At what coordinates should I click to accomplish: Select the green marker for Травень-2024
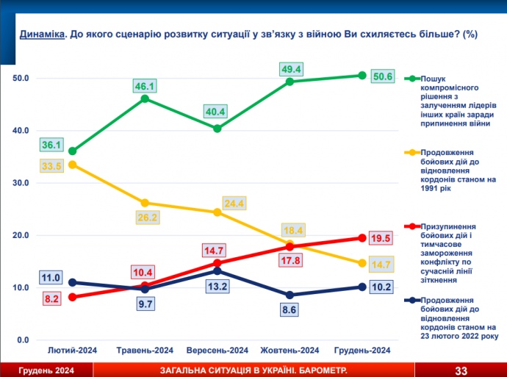click(145, 98)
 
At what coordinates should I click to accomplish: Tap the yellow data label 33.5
click(50, 166)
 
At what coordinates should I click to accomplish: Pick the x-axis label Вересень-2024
click(217, 350)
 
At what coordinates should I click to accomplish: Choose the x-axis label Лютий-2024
click(72, 350)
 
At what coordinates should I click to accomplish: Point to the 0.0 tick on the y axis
click(22, 340)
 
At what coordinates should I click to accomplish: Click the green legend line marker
click(413, 79)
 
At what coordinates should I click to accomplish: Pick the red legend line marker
click(413, 227)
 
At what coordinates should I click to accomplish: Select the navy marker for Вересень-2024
click(217, 271)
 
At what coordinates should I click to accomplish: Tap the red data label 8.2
click(50, 298)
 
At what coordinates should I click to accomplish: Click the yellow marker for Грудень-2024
click(362, 263)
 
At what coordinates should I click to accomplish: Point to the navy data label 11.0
click(50, 279)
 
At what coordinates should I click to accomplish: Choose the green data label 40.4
click(217, 112)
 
